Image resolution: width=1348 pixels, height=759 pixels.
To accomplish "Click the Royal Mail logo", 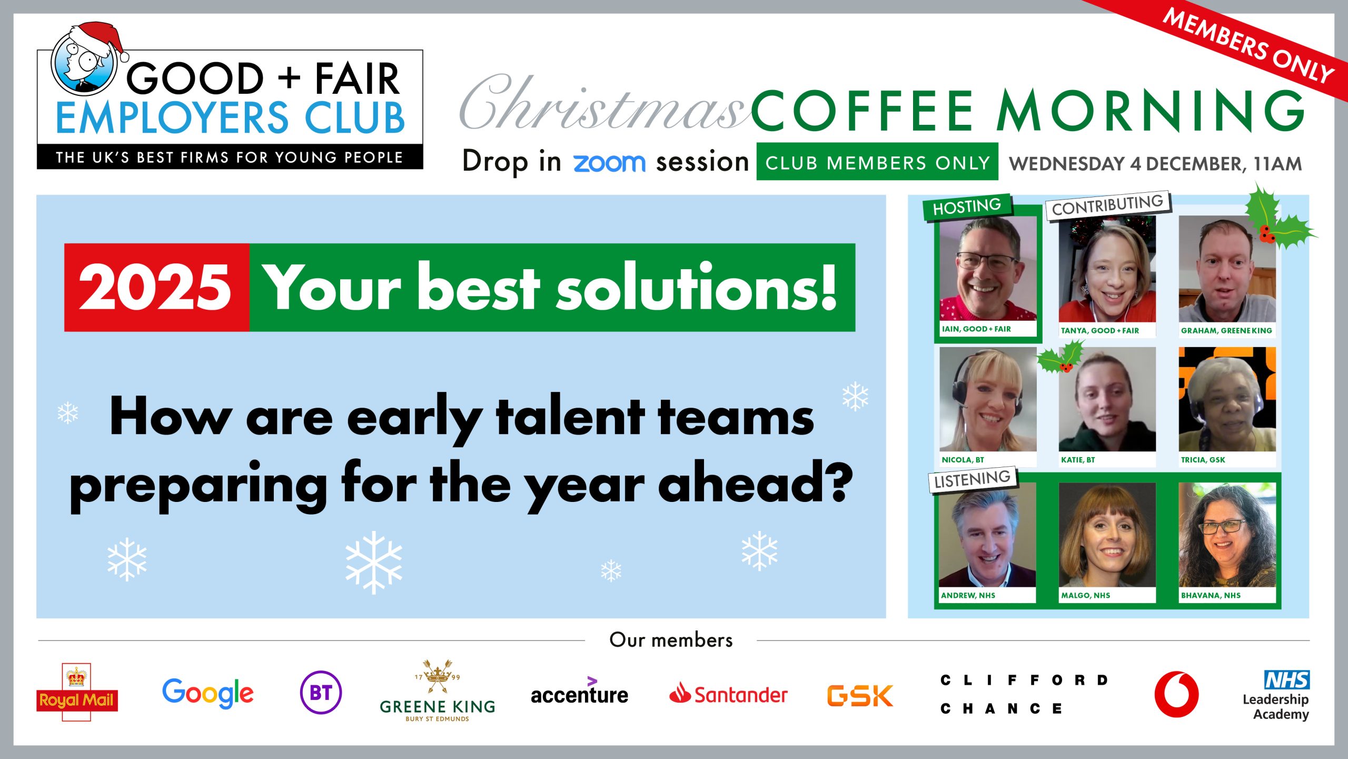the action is tap(77, 692).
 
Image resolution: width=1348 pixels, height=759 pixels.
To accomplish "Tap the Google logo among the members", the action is tap(208, 693).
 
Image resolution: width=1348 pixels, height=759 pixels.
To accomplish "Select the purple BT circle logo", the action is tap(321, 692).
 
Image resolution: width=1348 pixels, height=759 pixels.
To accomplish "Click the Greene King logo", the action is tap(437, 691).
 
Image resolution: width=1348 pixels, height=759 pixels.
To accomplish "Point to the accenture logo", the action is tap(579, 692).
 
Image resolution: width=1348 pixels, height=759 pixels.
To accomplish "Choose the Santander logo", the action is tap(728, 694).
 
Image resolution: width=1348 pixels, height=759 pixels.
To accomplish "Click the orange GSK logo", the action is tap(860, 695).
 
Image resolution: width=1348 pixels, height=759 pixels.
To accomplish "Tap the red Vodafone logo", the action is tap(1176, 694).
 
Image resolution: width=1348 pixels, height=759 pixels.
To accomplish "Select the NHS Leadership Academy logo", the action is tap(1276, 695).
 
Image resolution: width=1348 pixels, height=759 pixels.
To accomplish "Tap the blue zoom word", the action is tap(609, 163).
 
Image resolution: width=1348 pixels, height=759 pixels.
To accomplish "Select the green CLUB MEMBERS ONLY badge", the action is tap(877, 162).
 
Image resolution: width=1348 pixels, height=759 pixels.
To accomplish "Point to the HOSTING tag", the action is tap(967, 206).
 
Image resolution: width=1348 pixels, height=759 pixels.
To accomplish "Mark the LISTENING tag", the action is tap(973, 479).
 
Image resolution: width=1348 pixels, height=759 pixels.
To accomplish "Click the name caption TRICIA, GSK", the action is tap(1203, 460).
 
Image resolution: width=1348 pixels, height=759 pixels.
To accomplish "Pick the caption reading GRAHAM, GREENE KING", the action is tap(1226, 331).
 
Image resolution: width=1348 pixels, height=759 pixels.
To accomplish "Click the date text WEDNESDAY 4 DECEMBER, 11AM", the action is tap(1155, 164).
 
